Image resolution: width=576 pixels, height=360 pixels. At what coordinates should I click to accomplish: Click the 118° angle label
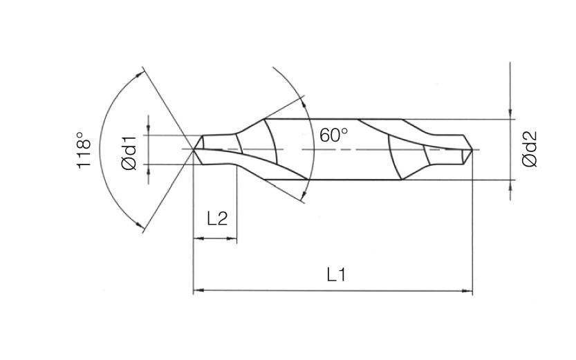(84, 150)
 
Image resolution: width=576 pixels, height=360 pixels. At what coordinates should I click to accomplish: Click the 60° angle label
(334, 135)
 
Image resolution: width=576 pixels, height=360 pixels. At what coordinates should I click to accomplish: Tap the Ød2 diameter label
(530, 150)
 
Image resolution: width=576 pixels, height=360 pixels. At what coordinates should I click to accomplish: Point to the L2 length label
(217, 218)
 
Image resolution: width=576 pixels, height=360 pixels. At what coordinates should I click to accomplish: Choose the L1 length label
(336, 274)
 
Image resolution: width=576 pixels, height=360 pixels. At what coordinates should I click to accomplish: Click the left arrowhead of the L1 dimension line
(198, 291)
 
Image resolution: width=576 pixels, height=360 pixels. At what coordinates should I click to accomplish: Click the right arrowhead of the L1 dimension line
(468, 291)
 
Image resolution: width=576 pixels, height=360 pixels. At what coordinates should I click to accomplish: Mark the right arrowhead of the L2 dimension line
(232, 239)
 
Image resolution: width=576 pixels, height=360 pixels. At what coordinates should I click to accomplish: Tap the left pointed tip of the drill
(194, 149)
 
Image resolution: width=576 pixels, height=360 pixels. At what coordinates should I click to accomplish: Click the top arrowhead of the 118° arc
(145, 72)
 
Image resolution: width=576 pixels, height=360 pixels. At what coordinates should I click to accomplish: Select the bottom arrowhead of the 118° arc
(145, 227)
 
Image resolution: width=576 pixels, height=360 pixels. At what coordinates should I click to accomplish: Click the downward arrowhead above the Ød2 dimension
(510, 114)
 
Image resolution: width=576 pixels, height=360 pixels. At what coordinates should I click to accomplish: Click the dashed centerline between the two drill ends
(346, 149)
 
